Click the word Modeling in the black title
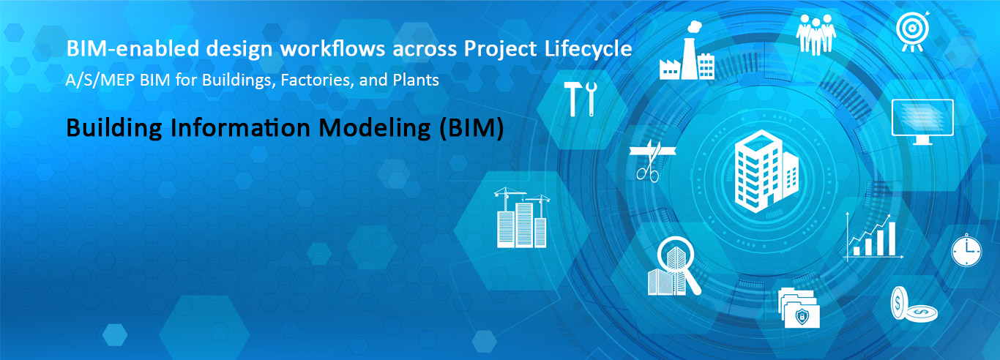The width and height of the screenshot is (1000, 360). [x=375, y=129]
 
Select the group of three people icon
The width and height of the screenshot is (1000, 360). [x=816, y=34]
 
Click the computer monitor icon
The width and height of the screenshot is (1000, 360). [x=922, y=121]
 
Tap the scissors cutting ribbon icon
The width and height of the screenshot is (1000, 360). [x=651, y=160]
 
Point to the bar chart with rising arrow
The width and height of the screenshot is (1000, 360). [x=873, y=236]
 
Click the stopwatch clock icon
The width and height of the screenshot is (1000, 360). [x=966, y=250]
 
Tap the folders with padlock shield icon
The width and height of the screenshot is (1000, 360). [x=799, y=308]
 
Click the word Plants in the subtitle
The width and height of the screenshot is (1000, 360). [x=416, y=80]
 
